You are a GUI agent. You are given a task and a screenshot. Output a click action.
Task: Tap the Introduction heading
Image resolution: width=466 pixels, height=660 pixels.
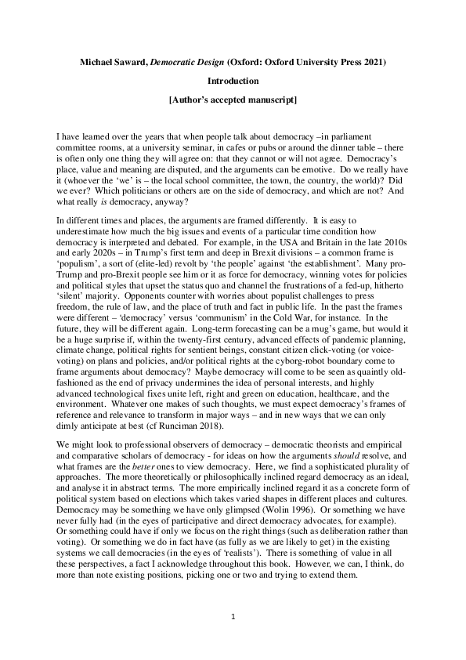[233, 81]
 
